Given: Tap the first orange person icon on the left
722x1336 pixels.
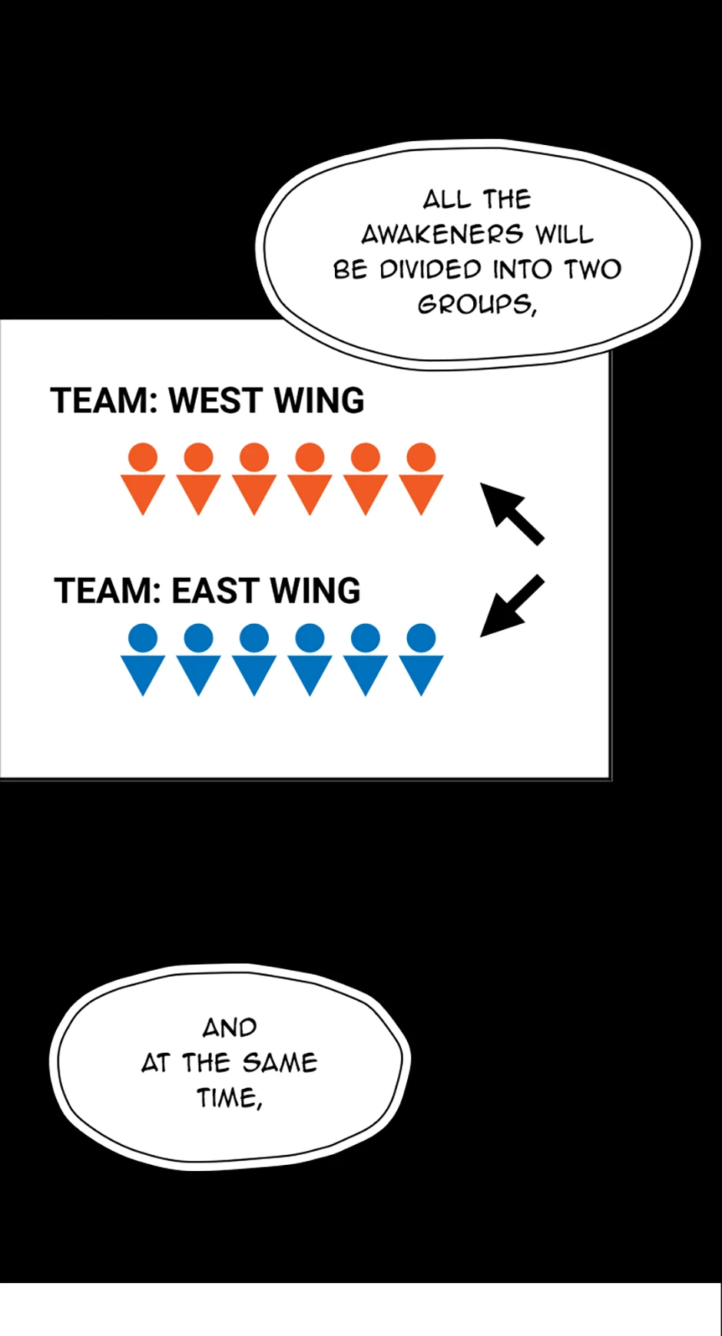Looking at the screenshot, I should [143, 479].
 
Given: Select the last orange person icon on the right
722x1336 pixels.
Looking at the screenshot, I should [421, 479].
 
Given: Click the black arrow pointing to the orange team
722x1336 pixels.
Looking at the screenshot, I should [512, 513].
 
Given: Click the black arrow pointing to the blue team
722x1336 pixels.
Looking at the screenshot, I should [512, 606].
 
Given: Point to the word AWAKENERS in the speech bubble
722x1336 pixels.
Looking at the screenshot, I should [442, 234].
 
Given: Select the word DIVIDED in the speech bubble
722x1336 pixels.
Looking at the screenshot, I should [430, 269].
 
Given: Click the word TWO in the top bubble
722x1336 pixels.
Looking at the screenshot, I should [592, 269].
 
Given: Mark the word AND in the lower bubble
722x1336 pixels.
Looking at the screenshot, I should [230, 1028].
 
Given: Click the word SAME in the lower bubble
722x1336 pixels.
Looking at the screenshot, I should [279, 1063].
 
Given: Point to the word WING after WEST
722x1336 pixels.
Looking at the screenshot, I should [319, 401].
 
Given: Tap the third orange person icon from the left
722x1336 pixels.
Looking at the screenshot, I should [254, 479].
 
